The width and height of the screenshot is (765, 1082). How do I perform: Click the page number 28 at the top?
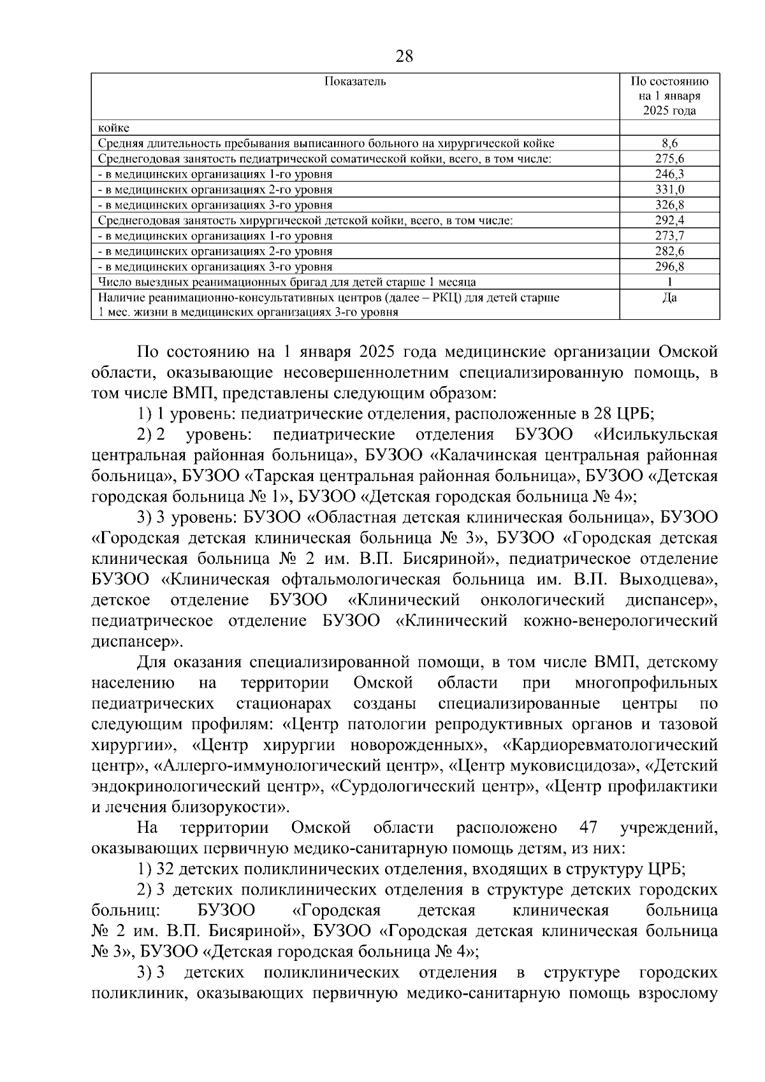pyautogui.click(x=404, y=57)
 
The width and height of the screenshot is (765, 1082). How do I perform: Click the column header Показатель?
pyautogui.click(x=355, y=82)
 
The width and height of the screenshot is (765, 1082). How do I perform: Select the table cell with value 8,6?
pyautogui.click(x=669, y=144)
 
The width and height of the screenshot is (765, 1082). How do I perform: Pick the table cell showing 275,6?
pyautogui.click(x=669, y=159)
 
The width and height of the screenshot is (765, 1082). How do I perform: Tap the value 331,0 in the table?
pyautogui.click(x=669, y=190)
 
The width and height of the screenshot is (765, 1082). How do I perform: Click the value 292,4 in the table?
pyautogui.click(x=669, y=220)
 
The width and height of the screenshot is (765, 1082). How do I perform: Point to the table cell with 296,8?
pyautogui.click(x=669, y=266)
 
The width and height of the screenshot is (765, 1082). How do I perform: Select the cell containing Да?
pyautogui.click(x=669, y=298)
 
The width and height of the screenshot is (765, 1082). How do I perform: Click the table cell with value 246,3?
pyautogui.click(x=669, y=175)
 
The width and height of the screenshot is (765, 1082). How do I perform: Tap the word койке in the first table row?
pyautogui.click(x=113, y=129)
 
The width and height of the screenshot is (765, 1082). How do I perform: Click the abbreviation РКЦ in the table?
pyautogui.click(x=441, y=298)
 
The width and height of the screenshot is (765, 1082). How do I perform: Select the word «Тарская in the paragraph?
pyautogui.click(x=279, y=476)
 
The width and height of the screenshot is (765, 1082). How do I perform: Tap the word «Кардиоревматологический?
pyautogui.click(x=609, y=745)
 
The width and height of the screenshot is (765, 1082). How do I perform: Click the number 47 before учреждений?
pyautogui.click(x=588, y=828)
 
